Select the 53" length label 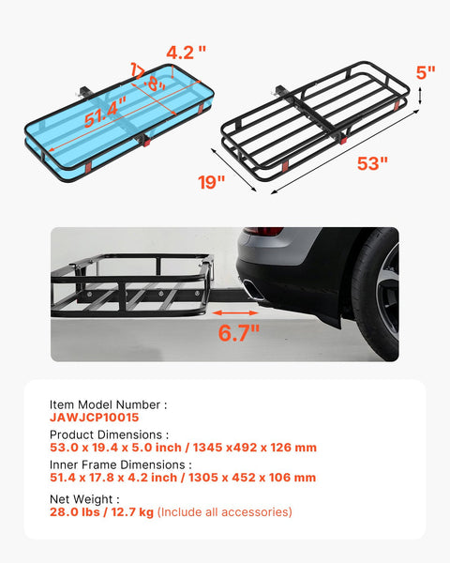371,163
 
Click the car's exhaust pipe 254,293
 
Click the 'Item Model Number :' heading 108,404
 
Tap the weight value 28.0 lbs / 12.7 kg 101,511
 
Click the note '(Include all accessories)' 225,511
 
